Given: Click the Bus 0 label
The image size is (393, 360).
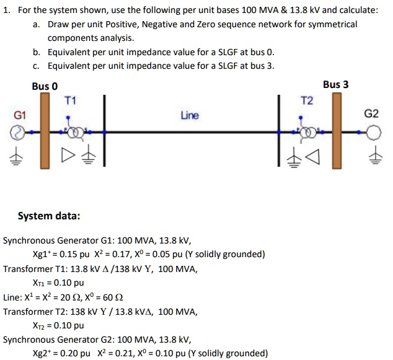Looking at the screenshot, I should tap(45, 86).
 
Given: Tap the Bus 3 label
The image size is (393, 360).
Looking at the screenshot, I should tap(335, 84).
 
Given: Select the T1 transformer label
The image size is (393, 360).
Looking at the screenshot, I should tap(69, 99).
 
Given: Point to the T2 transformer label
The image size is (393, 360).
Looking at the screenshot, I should tap(307, 100).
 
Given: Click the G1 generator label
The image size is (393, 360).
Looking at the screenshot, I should tap(20, 115).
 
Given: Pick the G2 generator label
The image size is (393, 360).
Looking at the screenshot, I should tap(371, 114).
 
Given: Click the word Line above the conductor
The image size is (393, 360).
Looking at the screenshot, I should tap(190, 115).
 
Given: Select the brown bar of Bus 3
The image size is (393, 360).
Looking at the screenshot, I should tap(336, 130).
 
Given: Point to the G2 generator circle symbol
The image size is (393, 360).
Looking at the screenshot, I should tap(373, 132).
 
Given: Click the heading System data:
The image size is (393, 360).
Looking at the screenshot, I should tap(48, 216).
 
